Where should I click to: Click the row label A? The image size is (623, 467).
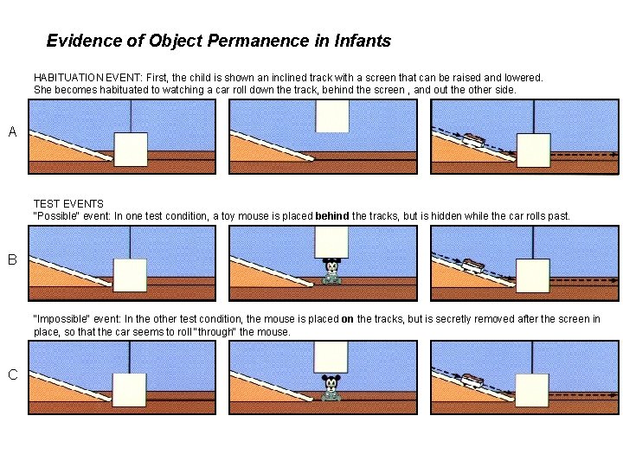tap(12, 131)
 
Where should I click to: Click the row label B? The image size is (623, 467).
tap(12, 259)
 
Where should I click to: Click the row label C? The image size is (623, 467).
tap(13, 374)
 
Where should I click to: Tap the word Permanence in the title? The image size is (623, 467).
tap(258, 41)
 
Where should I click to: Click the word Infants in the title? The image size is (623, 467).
tap(363, 41)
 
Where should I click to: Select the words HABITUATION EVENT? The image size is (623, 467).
tap(87, 78)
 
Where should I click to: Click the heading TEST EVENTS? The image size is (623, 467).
tap(68, 204)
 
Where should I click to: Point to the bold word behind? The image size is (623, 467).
tap(332, 216)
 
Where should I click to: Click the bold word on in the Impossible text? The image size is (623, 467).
tap(347, 319)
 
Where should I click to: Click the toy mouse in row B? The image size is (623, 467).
tap(331, 272)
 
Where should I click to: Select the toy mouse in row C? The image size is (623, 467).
tap(331, 387)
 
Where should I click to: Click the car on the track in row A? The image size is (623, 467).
tap(473, 140)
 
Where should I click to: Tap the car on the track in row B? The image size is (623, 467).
tap(472, 265)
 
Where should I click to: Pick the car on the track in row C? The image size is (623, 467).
tap(472, 381)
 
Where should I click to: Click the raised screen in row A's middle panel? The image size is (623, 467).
tap(332, 116)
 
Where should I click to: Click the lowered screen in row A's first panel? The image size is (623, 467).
tap(131, 150)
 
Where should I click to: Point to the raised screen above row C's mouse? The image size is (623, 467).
tap(331, 356)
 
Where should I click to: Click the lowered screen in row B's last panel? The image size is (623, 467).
tap(533, 276)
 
